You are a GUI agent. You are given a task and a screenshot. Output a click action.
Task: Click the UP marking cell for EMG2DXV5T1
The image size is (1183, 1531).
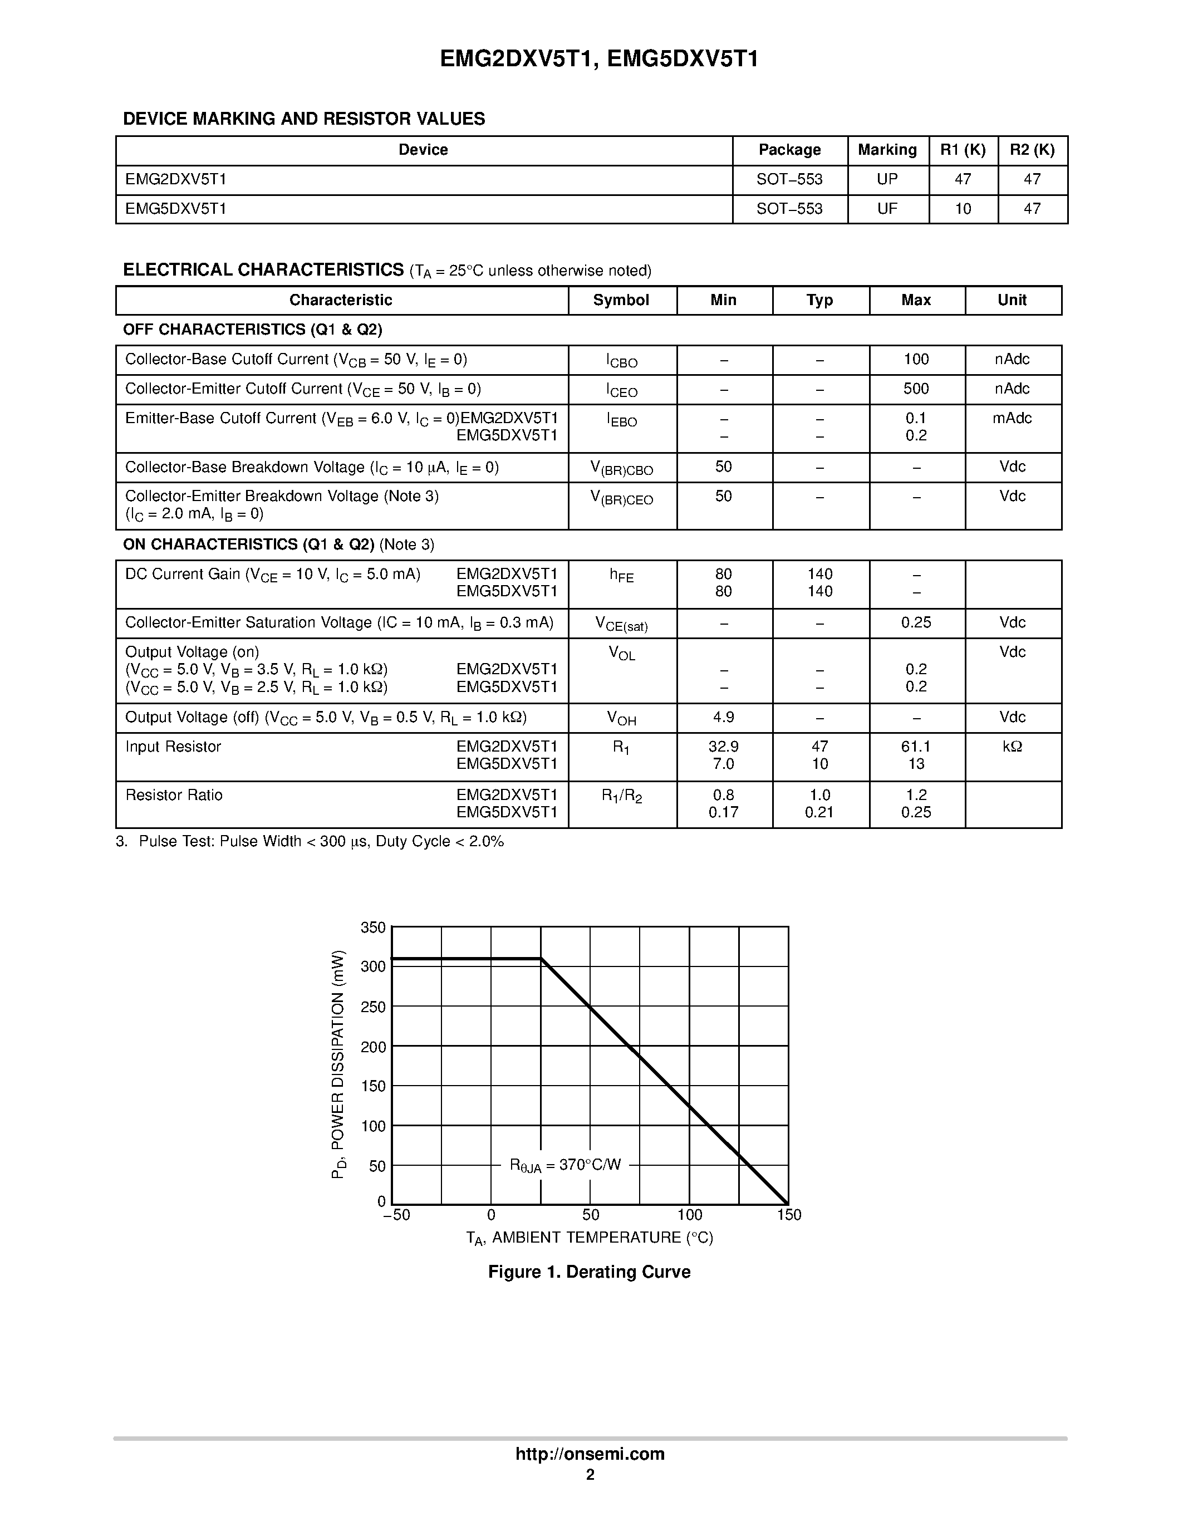pyautogui.click(x=887, y=179)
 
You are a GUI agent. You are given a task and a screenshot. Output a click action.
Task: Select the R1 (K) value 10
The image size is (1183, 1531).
pyautogui.click(x=963, y=209)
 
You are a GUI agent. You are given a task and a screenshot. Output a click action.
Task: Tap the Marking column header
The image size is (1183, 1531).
pyautogui.click(x=887, y=150)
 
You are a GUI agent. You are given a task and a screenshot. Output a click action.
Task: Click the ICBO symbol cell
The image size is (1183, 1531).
pyautogui.click(x=622, y=360)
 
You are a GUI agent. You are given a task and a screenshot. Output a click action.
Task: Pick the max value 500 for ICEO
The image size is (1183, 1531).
pyautogui.click(x=916, y=389)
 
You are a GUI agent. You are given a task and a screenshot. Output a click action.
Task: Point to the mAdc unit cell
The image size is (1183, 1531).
pyautogui.click(x=1012, y=419)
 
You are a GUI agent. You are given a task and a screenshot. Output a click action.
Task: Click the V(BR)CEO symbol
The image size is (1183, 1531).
pyautogui.click(x=622, y=498)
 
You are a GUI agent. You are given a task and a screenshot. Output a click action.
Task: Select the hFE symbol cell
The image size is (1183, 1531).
pyautogui.click(x=622, y=576)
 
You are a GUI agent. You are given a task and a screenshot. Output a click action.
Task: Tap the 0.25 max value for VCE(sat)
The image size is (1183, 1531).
pyautogui.click(x=916, y=622)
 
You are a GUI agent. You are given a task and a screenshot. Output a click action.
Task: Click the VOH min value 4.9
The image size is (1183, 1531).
pyautogui.click(x=723, y=717)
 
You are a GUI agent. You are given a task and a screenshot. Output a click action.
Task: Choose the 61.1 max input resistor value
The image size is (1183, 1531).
pyautogui.click(x=916, y=747)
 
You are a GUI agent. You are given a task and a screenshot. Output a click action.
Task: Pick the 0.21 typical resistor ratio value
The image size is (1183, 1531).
pyautogui.click(x=819, y=812)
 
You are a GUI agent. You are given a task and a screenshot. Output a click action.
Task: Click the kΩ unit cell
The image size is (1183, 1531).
pyautogui.click(x=1012, y=747)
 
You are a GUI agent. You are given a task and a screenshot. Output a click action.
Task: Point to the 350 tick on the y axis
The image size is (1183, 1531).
pyautogui.click(x=373, y=928)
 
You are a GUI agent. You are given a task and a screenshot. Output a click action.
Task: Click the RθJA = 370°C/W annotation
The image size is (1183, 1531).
pyautogui.click(x=565, y=1165)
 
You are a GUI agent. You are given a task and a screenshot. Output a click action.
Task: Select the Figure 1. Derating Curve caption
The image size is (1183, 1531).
pyautogui.click(x=590, y=1272)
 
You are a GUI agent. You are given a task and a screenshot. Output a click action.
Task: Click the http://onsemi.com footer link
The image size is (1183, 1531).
pyautogui.click(x=590, y=1454)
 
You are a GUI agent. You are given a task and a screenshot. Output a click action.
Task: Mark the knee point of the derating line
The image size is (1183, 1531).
pyautogui.click(x=541, y=958)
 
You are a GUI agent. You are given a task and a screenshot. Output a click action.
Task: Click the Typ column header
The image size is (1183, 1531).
pyautogui.click(x=819, y=300)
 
